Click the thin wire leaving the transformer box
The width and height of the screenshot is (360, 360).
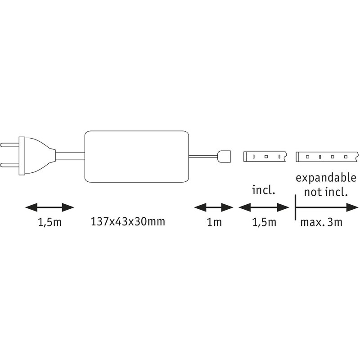coord(202,156)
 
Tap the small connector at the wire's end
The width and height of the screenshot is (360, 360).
coord(224,157)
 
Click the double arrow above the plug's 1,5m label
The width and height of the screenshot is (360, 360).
coord(49,207)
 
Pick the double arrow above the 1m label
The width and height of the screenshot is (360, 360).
coord(213,207)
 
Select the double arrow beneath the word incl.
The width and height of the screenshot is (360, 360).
coord(263,207)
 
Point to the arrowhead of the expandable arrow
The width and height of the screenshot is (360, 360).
coord(351,207)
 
